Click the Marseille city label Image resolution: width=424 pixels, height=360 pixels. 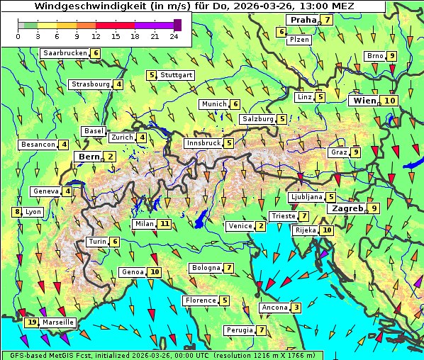(x=57, y=322)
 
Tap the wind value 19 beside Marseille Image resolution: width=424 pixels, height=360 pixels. (x=31, y=322)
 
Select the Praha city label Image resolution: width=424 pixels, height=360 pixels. (x=302, y=20)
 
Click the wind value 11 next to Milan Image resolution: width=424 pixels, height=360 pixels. (x=164, y=224)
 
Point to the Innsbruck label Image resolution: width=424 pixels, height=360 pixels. (x=203, y=143)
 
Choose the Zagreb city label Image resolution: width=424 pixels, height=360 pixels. (x=345, y=208)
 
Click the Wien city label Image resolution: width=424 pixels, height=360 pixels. (x=364, y=101)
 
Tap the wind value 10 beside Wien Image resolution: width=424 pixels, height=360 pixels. (x=389, y=101)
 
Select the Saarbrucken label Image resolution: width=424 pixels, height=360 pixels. (x=65, y=53)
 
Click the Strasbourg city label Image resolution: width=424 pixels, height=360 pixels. (x=90, y=84)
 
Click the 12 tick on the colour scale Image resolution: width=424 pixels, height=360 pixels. (x=96, y=35)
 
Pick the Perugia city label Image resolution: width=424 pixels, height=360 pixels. (x=239, y=330)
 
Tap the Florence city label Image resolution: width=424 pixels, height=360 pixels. (x=200, y=300)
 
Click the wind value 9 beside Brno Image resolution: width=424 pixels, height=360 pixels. (x=392, y=56)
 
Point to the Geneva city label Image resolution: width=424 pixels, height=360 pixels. (x=45, y=191)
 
